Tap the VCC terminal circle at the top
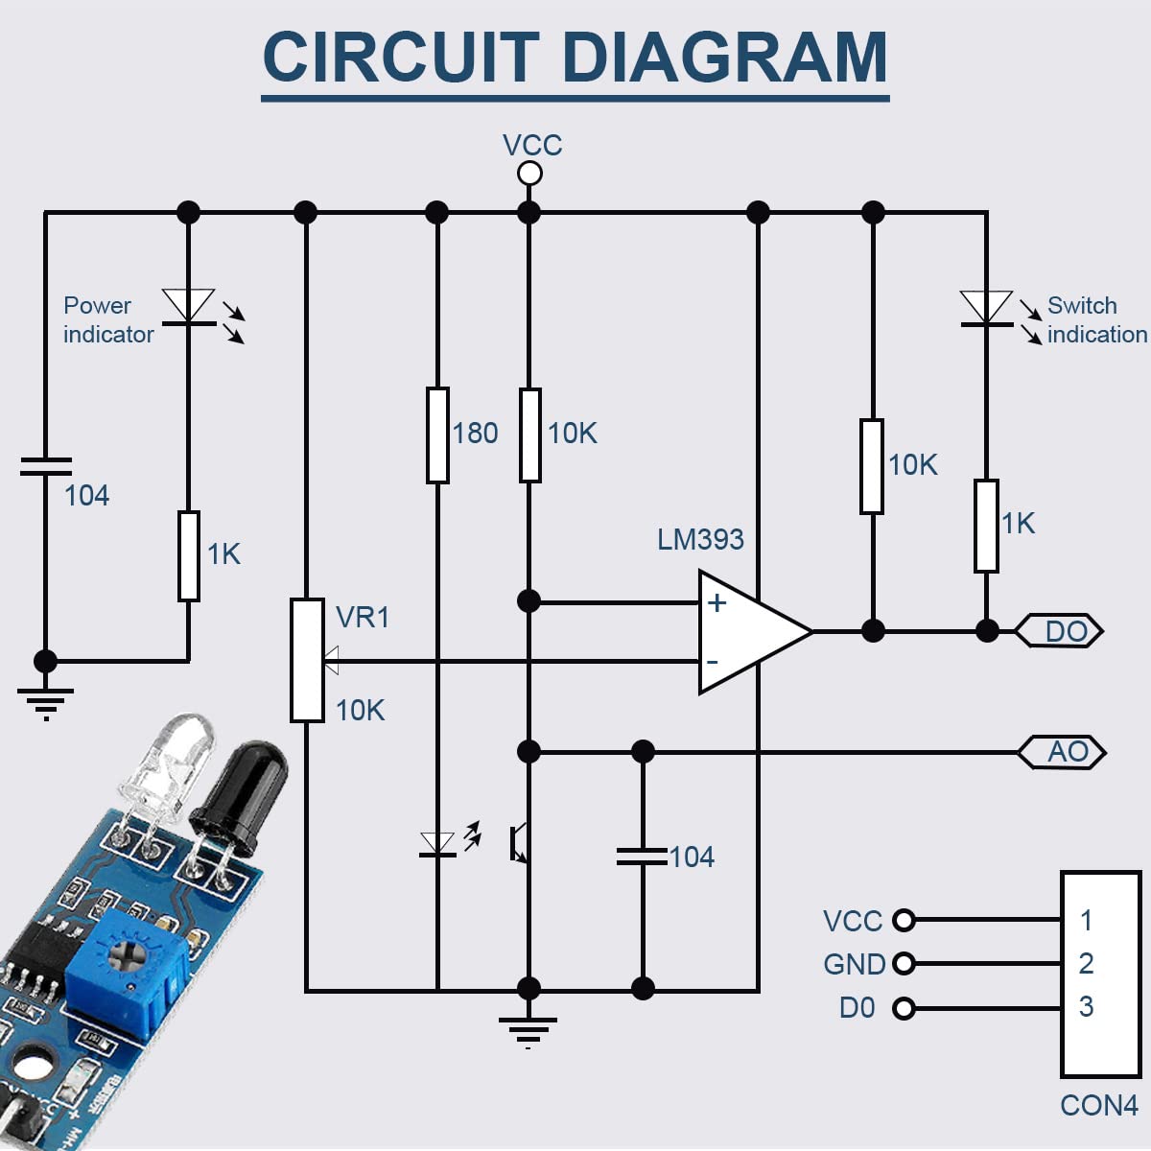click(529, 174)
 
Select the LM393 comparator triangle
click(748, 632)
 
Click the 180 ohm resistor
click(437, 435)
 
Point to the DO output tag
click(1060, 631)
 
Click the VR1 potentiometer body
click(307, 660)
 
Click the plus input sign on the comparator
click(716, 602)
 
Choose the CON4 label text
click(1098, 1106)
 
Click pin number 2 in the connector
click(1086, 963)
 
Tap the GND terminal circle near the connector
click(904, 963)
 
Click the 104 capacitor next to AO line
click(643, 857)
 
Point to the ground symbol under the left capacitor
click(45, 701)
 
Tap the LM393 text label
click(700, 540)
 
